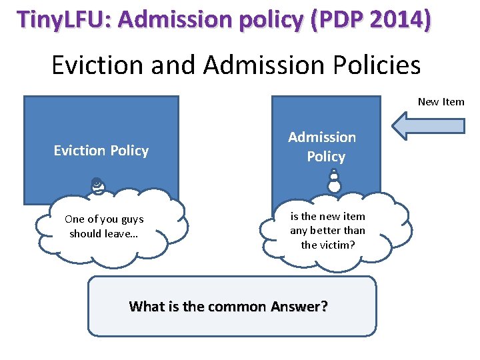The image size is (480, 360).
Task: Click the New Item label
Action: point(441,102)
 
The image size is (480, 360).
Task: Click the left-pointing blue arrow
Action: point(427,126)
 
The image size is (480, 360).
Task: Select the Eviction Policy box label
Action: point(101,151)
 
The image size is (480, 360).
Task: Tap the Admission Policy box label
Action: point(323,147)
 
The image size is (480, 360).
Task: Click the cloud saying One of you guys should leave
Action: point(104,227)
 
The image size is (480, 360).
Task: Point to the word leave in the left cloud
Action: point(127,234)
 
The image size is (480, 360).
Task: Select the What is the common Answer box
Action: point(232,307)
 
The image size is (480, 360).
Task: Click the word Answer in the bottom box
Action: point(299,307)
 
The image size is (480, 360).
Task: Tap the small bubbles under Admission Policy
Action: point(334,181)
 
